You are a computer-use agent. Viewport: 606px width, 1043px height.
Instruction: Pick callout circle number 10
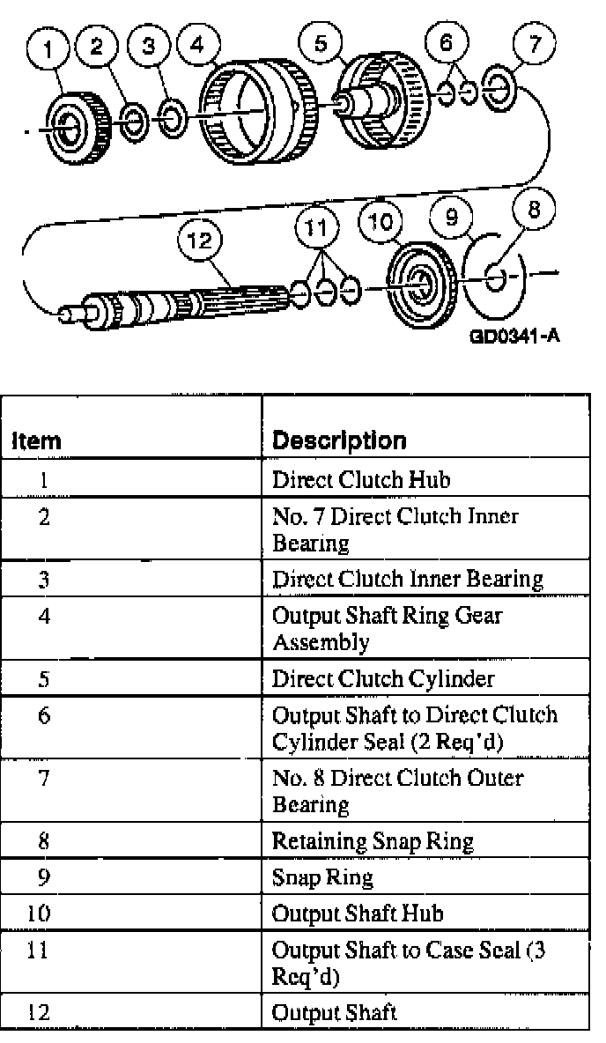tap(385, 222)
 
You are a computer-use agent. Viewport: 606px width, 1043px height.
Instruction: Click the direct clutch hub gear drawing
tap(74, 126)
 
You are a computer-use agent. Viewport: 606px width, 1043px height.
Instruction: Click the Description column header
tap(339, 440)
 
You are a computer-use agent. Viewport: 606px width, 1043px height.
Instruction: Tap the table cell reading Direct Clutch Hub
tap(339, 481)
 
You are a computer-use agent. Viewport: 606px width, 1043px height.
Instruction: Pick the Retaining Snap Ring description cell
tap(373, 842)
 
